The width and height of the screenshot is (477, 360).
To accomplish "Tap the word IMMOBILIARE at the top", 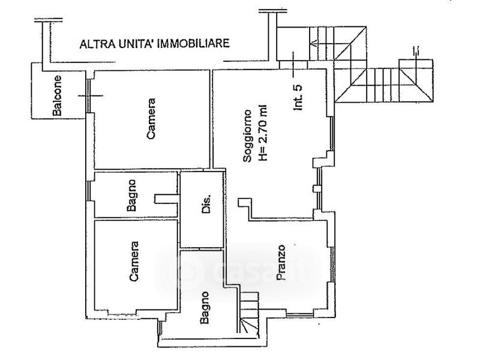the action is pyautogui.click(x=193, y=43).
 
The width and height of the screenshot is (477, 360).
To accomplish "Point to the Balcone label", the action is pyautogui.click(x=57, y=95).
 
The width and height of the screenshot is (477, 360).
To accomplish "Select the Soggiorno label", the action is pyautogui.click(x=247, y=136).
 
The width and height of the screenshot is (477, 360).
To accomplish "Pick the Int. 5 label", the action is pyautogui.click(x=298, y=97).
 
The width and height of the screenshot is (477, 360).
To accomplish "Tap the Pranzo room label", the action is pyautogui.click(x=280, y=262).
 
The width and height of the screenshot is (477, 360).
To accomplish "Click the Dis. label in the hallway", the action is pyautogui.click(x=206, y=203).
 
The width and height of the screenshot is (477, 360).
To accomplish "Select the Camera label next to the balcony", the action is pyautogui.click(x=151, y=119).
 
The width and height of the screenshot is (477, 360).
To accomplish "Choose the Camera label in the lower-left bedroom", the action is pyautogui.click(x=134, y=261).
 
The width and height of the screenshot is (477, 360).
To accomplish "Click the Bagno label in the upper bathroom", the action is pyautogui.click(x=131, y=195).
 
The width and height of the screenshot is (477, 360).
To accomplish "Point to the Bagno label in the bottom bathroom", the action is pyautogui.click(x=204, y=307).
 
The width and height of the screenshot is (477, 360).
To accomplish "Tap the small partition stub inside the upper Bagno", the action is pyautogui.click(x=166, y=199).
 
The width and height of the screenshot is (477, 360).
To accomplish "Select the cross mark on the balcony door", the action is pyautogui.click(x=91, y=95).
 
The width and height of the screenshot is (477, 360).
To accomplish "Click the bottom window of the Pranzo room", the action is pyautogui.click(x=299, y=314).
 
